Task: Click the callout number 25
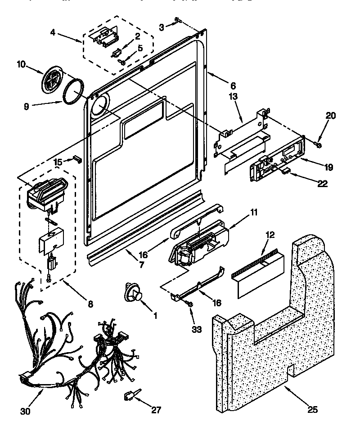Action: pos(313,409)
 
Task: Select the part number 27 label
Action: pos(156,409)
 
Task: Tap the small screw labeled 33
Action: pos(189,305)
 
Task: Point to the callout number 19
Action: pos(328,167)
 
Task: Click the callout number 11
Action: pos(254,212)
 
